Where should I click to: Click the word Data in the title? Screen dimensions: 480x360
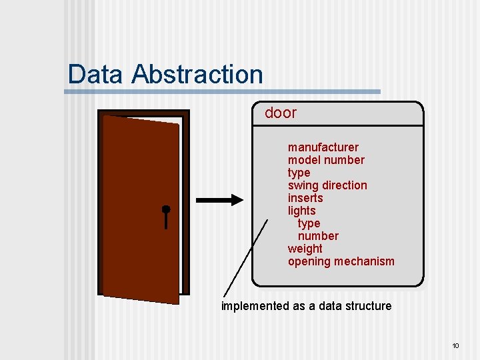97,74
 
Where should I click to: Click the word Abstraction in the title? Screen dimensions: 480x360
197,74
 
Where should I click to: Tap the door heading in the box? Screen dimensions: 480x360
281,113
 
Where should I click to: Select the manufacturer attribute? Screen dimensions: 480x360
323,147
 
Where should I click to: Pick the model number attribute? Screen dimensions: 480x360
326,160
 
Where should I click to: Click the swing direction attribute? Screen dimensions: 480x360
327,185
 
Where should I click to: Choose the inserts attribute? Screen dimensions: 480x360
305,198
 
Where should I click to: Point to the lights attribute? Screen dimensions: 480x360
301,211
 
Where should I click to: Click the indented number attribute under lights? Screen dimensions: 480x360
318,236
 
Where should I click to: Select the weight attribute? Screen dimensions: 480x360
305,249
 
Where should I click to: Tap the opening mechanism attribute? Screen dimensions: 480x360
341,261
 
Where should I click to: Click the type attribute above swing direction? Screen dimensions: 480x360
299,173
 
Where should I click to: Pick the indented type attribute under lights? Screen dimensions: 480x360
309,223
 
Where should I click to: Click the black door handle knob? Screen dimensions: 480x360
166,209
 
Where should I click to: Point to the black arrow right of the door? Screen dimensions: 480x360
220,199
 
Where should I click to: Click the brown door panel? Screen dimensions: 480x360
140,207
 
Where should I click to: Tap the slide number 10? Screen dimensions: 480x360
456,345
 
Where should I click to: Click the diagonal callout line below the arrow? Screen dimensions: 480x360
245,257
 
